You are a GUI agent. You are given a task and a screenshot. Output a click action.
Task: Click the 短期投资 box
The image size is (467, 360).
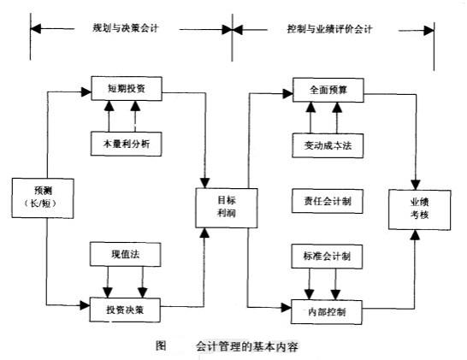coord(126,87)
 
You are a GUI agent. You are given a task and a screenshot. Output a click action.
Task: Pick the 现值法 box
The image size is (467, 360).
coord(126,254)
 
